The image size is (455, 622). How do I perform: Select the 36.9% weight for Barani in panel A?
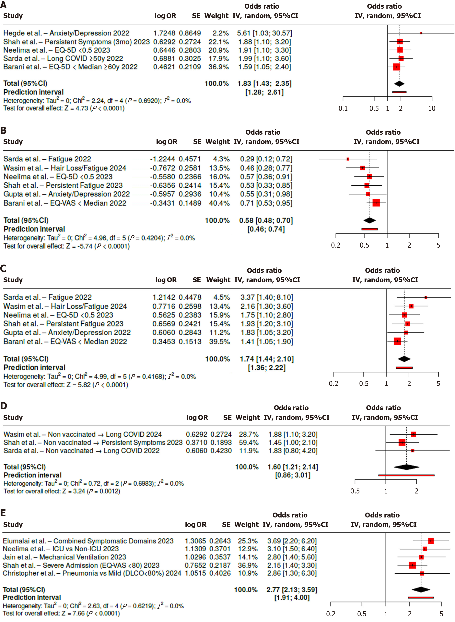218,67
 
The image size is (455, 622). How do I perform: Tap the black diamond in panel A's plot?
399,83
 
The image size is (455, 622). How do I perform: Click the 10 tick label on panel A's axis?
432,108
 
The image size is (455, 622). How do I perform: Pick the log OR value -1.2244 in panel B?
162,159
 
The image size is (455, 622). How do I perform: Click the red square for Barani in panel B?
376,203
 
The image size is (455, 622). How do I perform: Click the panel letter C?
3,268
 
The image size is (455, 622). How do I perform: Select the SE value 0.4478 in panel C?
190,297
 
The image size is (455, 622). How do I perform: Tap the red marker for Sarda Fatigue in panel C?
426,297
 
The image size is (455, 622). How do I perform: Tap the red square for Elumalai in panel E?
431,541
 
